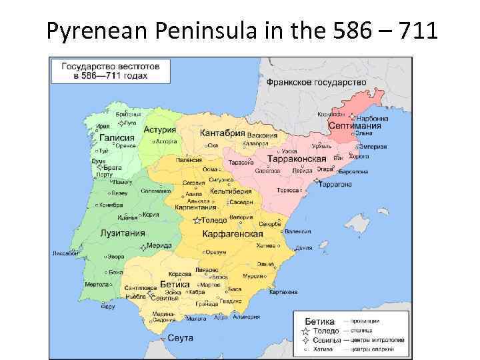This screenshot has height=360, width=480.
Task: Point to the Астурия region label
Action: [x=160, y=130]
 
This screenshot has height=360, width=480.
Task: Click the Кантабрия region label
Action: [x=223, y=133]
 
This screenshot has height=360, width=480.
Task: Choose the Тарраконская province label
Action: [x=296, y=159]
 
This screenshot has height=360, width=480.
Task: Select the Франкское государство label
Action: [x=317, y=82]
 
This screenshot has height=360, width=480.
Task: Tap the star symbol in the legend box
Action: [x=305, y=331]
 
